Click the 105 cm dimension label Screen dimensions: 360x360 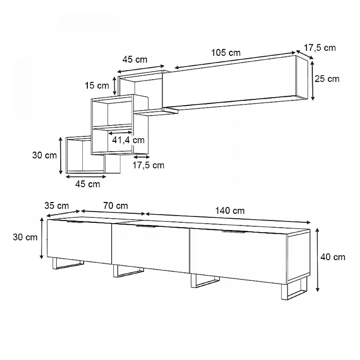point(226,53)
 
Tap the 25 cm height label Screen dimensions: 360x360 point(327,79)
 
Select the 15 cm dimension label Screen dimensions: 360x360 point(97,86)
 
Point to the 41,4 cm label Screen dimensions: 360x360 point(129,140)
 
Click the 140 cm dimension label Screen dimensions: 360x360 point(230,211)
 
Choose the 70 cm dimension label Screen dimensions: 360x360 point(116,206)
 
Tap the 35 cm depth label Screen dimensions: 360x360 point(57,206)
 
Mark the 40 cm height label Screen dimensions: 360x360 point(333,257)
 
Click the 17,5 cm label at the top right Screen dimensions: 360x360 point(320,48)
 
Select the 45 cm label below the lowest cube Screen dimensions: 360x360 point(88,184)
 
